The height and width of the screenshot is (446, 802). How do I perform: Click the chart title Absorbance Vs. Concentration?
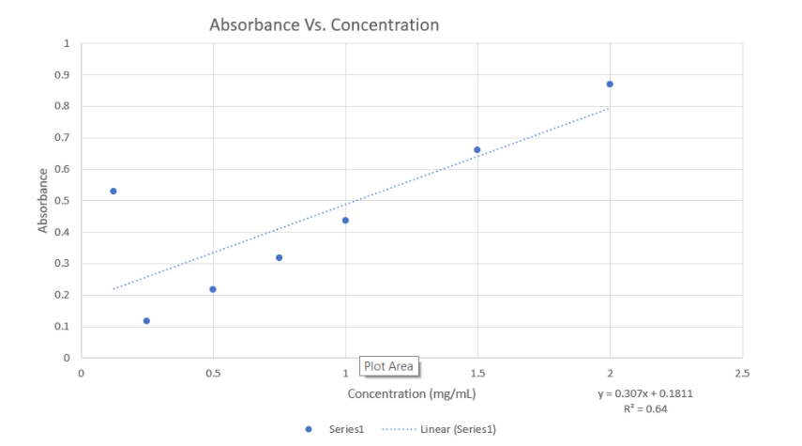click(x=324, y=24)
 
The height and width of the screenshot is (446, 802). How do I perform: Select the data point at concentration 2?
click(x=610, y=85)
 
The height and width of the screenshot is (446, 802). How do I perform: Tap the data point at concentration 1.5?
click(x=477, y=150)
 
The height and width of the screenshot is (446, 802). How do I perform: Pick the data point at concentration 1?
click(x=345, y=221)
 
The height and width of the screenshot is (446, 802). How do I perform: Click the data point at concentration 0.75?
click(x=279, y=257)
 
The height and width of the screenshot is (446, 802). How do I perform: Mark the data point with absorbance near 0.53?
click(x=113, y=192)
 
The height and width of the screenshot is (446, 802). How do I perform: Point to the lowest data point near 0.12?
click(x=146, y=321)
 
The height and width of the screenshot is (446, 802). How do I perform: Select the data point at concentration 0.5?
click(x=213, y=289)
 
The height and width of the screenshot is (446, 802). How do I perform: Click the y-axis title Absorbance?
click(x=43, y=200)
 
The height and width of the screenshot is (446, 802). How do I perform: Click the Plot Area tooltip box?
click(x=388, y=366)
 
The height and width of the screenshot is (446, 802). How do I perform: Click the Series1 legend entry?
click(x=338, y=429)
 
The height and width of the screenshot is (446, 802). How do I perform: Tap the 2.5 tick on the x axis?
click(x=741, y=374)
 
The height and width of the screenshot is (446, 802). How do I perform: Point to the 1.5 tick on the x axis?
click(x=477, y=374)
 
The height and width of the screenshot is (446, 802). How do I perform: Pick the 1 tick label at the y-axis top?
click(x=67, y=43)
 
